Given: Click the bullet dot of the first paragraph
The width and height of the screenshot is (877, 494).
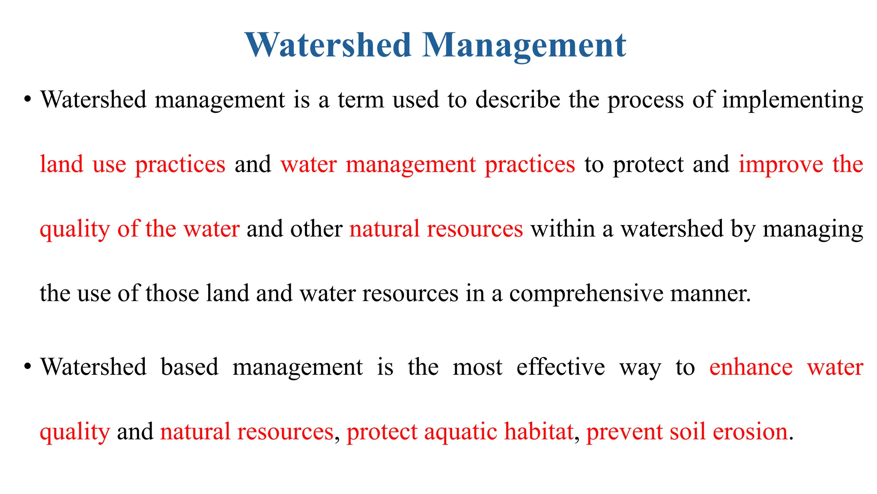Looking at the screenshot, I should pos(28,100).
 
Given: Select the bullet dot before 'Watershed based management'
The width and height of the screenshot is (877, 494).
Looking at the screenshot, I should pos(28,367).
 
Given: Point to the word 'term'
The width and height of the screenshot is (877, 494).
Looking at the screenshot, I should pos(361,100).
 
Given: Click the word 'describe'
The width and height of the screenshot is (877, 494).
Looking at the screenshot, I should pos(518,100).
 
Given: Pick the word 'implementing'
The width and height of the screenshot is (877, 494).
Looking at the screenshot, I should pos(793,100).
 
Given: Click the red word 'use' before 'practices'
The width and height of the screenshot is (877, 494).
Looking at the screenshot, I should pos(109,165).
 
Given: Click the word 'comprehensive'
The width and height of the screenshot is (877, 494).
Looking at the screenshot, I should pos(585,294).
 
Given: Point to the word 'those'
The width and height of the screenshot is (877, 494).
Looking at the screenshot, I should pos(172,294).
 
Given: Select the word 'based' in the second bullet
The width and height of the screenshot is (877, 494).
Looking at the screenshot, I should pos(190,367).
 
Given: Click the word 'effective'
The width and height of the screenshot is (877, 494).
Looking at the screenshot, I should pos(561,367).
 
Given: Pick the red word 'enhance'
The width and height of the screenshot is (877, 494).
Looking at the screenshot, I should pos(751,367).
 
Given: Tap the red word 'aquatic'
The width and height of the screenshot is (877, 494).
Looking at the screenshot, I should pos(460,432).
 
